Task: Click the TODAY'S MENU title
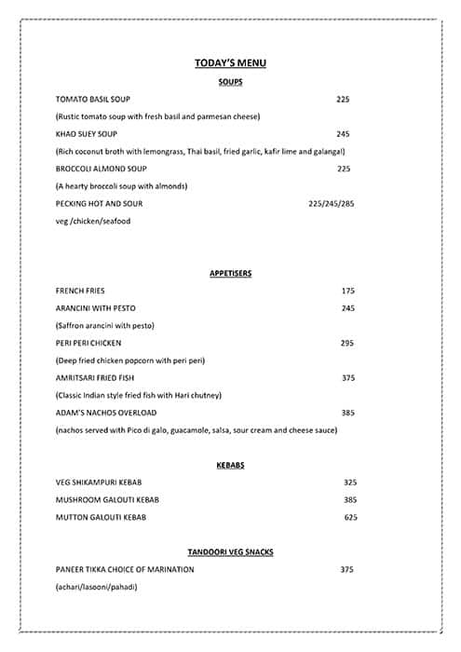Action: click(230, 62)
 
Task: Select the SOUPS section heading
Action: click(230, 81)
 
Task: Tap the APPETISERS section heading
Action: click(230, 273)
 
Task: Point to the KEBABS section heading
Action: click(230, 465)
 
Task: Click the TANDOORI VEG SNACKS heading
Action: click(230, 552)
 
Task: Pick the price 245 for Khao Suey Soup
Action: click(343, 134)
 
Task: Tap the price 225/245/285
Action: click(331, 204)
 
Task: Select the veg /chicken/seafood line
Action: click(93, 222)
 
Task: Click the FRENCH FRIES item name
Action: click(80, 291)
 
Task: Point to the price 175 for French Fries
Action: click(348, 291)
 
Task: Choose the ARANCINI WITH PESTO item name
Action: click(96, 308)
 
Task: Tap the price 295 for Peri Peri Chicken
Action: click(347, 343)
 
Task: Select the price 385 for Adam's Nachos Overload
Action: click(348, 413)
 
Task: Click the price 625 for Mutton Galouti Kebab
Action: click(350, 517)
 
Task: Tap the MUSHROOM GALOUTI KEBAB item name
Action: click(107, 500)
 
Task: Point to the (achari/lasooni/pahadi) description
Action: click(96, 587)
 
